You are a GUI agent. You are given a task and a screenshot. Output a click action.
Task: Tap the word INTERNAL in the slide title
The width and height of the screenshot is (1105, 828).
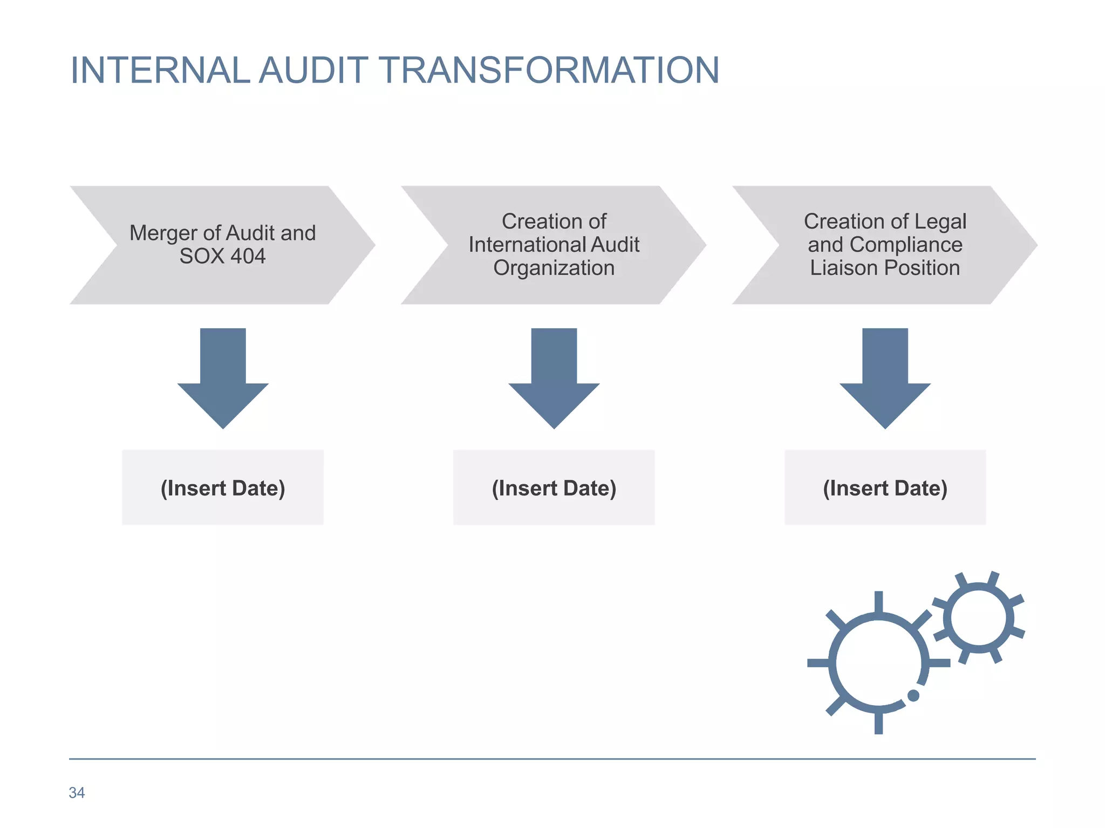pyautogui.click(x=160, y=70)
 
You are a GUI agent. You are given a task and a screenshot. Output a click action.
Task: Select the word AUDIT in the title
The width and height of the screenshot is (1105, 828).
pyautogui.click(x=313, y=70)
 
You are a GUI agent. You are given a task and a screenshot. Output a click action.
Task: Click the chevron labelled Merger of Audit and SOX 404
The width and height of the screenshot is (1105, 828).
pyautogui.click(x=222, y=245)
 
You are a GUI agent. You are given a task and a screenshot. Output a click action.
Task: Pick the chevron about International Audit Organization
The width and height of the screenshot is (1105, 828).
pyautogui.click(x=554, y=245)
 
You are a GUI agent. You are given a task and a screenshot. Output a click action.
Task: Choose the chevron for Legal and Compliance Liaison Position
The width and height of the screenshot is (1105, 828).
pyautogui.click(x=885, y=245)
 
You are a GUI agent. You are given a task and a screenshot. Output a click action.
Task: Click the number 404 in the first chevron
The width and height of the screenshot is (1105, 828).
pyautogui.click(x=248, y=257)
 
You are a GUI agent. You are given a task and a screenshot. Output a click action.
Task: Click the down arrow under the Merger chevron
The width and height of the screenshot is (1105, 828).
pyautogui.click(x=223, y=377)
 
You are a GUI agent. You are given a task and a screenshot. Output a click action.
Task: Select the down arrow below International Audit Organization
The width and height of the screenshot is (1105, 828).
pyautogui.click(x=554, y=377)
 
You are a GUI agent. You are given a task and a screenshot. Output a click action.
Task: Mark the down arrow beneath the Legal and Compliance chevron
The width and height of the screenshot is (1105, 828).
pyautogui.click(x=885, y=377)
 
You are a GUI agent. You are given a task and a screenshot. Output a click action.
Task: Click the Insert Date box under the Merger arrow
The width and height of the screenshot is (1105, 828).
pyautogui.click(x=223, y=488)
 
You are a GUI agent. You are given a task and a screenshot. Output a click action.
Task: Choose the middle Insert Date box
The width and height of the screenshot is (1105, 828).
pyautogui.click(x=554, y=488)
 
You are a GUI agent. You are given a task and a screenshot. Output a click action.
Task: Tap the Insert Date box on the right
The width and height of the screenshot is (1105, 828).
pyautogui.click(x=885, y=488)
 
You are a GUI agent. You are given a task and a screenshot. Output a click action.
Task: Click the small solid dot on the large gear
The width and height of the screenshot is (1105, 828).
pyautogui.click(x=913, y=695)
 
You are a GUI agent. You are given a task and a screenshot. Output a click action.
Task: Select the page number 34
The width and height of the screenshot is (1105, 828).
pyautogui.click(x=77, y=792)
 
